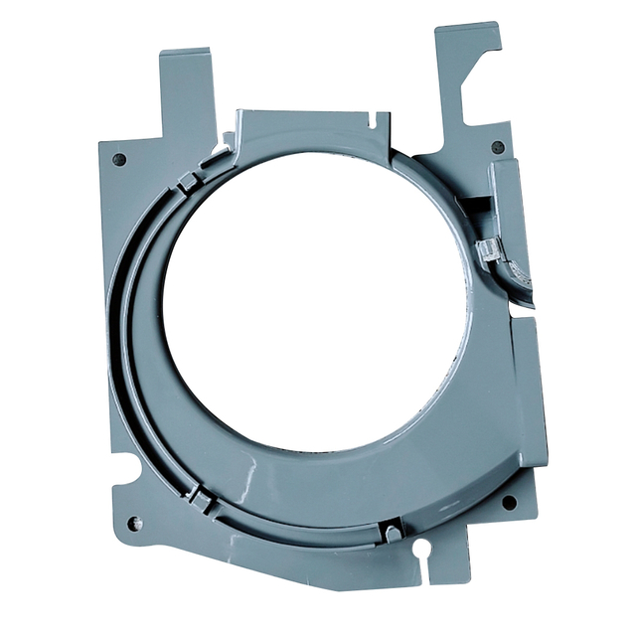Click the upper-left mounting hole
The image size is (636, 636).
click(120, 159)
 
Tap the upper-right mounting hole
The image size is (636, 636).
click(498, 147)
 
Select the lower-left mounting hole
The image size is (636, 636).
click(135, 523)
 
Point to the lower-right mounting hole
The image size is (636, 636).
click(509, 502)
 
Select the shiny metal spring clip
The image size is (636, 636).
click(489, 249)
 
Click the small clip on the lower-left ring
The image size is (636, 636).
click(200, 498)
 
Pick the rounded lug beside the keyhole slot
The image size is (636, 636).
click(394, 534)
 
